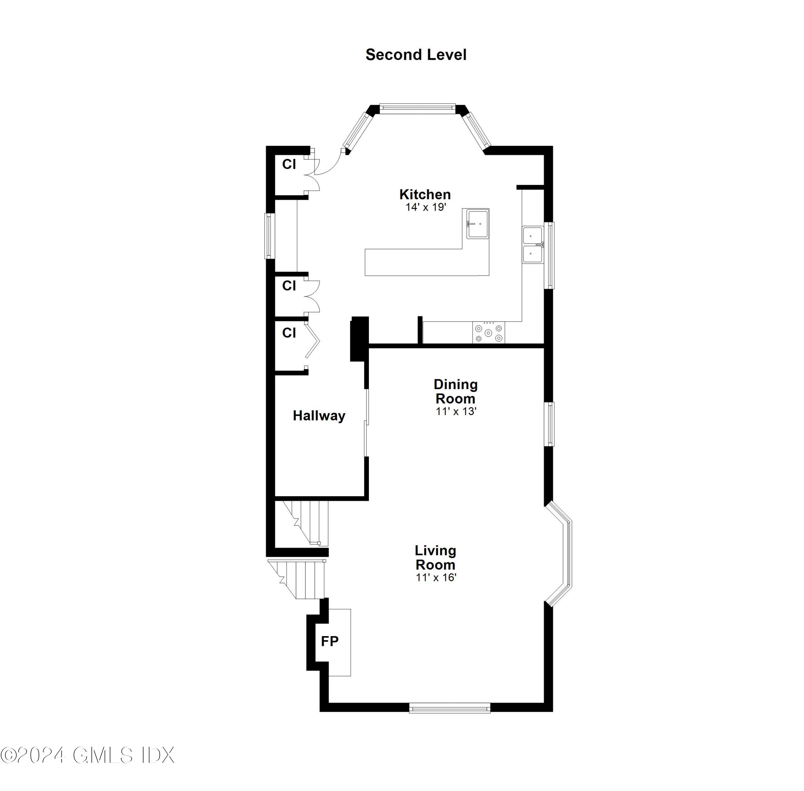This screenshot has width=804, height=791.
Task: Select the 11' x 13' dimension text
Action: pos(456,411)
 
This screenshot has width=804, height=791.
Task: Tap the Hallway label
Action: pos(319,415)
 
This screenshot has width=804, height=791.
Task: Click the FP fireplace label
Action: pos(330,641)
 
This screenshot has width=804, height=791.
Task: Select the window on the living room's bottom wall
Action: pos(449,707)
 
